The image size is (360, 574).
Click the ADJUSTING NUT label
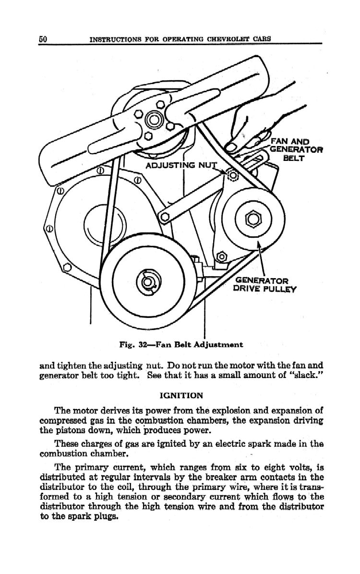point(181,166)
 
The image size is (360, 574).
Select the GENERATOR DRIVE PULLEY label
point(265,284)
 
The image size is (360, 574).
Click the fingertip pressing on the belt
point(231,147)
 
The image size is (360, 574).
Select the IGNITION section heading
point(180,395)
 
